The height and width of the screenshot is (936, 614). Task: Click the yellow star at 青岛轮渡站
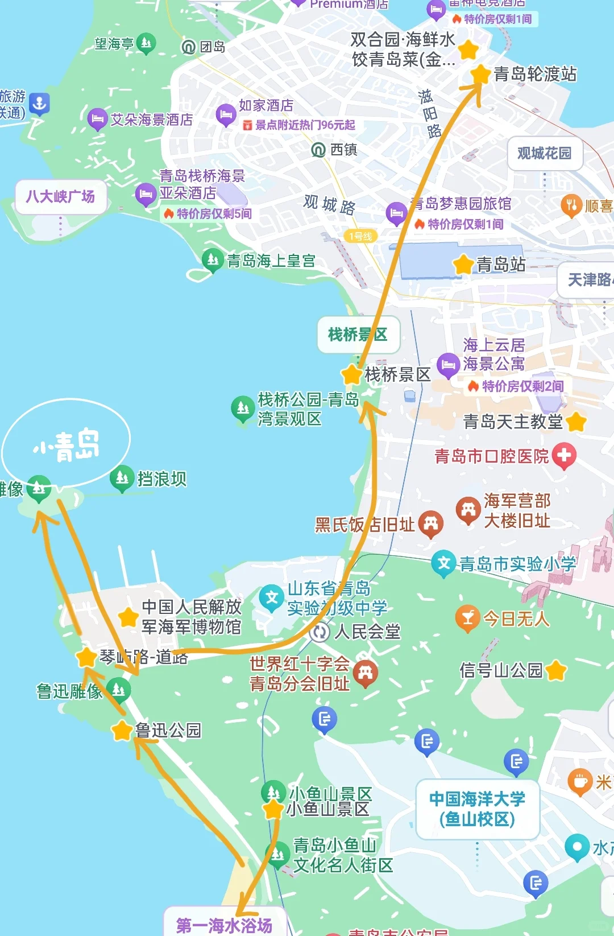pyautogui.click(x=480, y=75)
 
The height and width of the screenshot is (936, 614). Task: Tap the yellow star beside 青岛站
pyautogui.click(x=463, y=265)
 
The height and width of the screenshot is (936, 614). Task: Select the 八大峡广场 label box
pyautogui.click(x=61, y=197)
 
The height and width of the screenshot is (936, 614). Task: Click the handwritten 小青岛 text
pyautogui.click(x=67, y=444)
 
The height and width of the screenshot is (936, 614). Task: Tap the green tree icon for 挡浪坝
pyautogui.click(x=122, y=478)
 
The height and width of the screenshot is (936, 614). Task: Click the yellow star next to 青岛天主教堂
pyautogui.click(x=576, y=422)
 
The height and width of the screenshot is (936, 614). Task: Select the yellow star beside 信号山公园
pyautogui.click(x=556, y=670)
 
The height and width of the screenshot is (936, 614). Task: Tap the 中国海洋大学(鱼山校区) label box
pyautogui.click(x=478, y=809)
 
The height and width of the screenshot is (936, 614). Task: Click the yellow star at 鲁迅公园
pyautogui.click(x=122, y=730)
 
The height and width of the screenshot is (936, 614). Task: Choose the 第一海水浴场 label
pyautogui.click(x=224, y=925)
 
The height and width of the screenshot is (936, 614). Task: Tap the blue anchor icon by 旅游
pyautogui.click(x=39, y=104)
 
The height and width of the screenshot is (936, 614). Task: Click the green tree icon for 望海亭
pyautogui.click(x=146, y=43)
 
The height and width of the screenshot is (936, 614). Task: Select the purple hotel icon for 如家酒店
pyautogui.click(x=226, y=115)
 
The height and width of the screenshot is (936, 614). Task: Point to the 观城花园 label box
pyautogui.click(x=544, y=153)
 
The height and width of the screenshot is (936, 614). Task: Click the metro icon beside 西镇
pyautogui.click(x=318, y=150)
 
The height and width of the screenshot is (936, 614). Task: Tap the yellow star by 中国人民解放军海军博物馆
pyautogui.click(x=128, y=617)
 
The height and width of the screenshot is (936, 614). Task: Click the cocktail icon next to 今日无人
pyautogui.click(x=468, y=618)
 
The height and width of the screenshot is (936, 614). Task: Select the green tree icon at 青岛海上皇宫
pyautogui.click(x=213, y=260)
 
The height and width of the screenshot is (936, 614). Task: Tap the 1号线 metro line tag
pyautogui.click(x=360, y=236)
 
